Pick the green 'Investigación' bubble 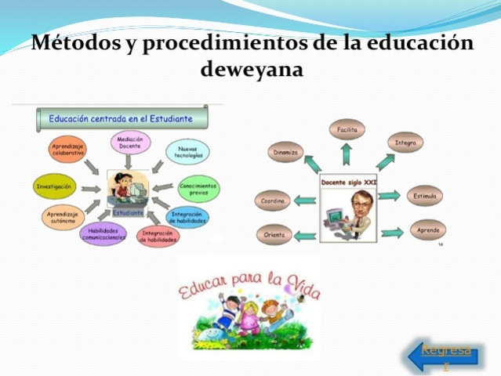click(56, 187)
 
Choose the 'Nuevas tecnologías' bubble click(187, 151)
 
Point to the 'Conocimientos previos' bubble click(198, 188)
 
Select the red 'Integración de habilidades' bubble click(162, 236)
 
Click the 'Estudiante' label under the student click(128, 212)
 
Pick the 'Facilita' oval click(347, 129)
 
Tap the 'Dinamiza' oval click(285, 153)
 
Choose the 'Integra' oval click(405, 143)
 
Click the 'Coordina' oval click(274, 201)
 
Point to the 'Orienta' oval click(274, 234)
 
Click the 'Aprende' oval click(428, 230)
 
